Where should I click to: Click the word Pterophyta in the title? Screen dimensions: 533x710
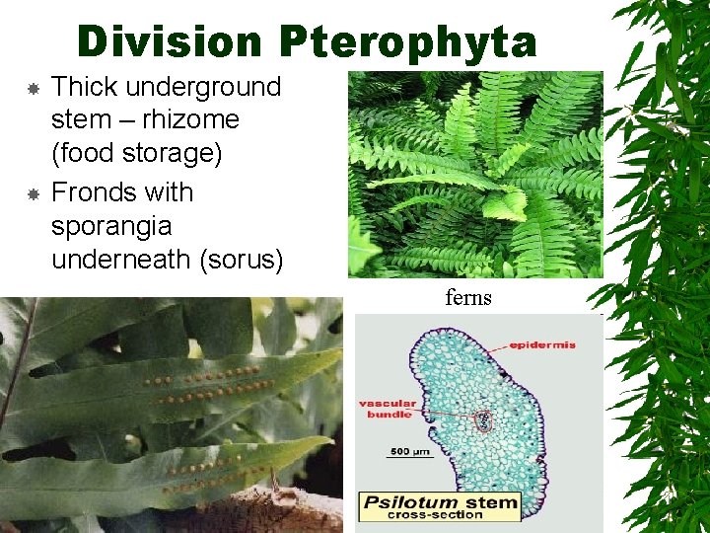pyautogui.click(x=408, y=42)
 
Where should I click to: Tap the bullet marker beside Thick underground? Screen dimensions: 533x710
pyautogui.click(x=32, y=89)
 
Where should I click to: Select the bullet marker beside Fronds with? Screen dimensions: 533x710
pyautogui.click(x=32, y=194)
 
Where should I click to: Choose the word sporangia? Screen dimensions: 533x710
pyautogui.click(x=110, y=226)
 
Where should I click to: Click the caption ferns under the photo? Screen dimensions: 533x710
pyautogui.click(x=467, y=297)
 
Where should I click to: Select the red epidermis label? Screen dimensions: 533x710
pyautogui.click(x=543, y=345)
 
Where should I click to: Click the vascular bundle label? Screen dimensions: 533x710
pyautogui.click(x=387, y=410)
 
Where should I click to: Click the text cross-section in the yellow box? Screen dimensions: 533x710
pyautogui.click(x=444, y=516)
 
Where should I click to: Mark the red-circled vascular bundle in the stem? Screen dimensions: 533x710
pyautogui.click(x=482, y=420)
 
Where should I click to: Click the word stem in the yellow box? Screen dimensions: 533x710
pyautogui.click(x=496, y=502)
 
